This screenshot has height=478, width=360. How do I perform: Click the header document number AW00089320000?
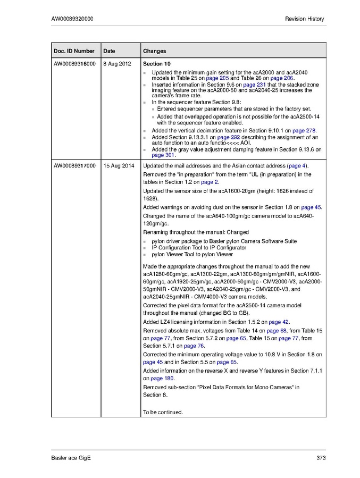coord(72,19)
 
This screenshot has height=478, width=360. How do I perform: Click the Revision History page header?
coord(304,19)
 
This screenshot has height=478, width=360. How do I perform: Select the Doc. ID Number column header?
coord(74,51)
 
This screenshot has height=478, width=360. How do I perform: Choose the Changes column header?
coord(154,51)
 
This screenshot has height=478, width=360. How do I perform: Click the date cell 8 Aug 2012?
coord(116,64)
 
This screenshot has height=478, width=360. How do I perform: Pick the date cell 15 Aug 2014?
coord(119,166)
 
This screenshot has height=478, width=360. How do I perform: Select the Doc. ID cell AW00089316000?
coord(74,64)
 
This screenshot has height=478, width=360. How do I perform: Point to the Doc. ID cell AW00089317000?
coord(74,166)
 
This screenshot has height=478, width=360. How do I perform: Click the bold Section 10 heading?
coord(156,64)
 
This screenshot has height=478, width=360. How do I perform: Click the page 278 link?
coord(304,130)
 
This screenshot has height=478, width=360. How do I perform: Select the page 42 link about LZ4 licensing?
coord(279,322)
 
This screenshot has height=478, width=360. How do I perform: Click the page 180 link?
coord(162,379)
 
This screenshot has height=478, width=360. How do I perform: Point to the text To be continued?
coord(163,412)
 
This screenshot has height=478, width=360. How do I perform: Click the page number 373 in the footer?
coord(320,458)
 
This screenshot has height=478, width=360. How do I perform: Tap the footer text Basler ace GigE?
coord(71,458)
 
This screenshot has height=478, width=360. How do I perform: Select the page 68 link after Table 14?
coord(277,330)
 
